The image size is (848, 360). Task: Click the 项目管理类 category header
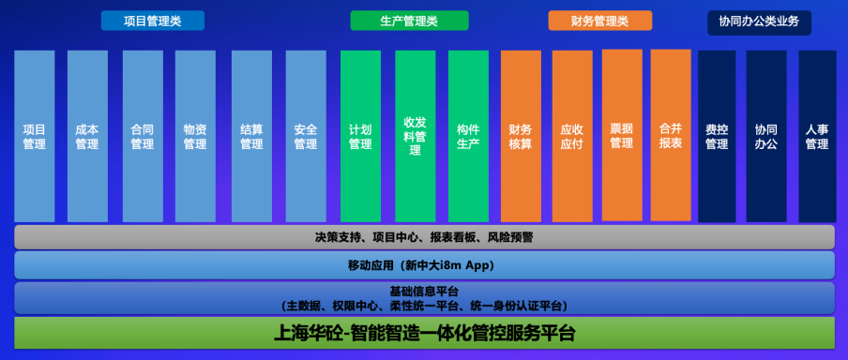pos(153,21)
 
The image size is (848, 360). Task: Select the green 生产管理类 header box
pos(409,21)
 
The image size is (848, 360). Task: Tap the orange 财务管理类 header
pos(599,21)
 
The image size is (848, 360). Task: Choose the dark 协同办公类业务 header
pos(759,22)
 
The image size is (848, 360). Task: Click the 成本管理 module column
pos(87,136)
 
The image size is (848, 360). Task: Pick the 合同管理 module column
pos(143,136)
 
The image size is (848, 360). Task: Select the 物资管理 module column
pos(195,136)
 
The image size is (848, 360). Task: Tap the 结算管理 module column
pos(251,136)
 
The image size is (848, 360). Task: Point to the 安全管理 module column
pos(306,136)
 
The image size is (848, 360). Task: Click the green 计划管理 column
pos(361,136)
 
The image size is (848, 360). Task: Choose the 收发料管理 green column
pos(416,136)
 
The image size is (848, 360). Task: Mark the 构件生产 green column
pos(468,136)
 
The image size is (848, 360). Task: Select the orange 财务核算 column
pos(521,136)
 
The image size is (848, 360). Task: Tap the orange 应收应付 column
pos(572,136)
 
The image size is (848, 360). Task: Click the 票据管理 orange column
pos(622,135)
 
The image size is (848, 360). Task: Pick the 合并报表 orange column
pos(671,135)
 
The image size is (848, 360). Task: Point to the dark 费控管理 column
pos(717,136)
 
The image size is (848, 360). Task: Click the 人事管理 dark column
pos(817,136)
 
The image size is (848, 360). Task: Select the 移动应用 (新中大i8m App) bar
pos(425,265)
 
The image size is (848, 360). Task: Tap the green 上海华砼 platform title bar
pos(425,333)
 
